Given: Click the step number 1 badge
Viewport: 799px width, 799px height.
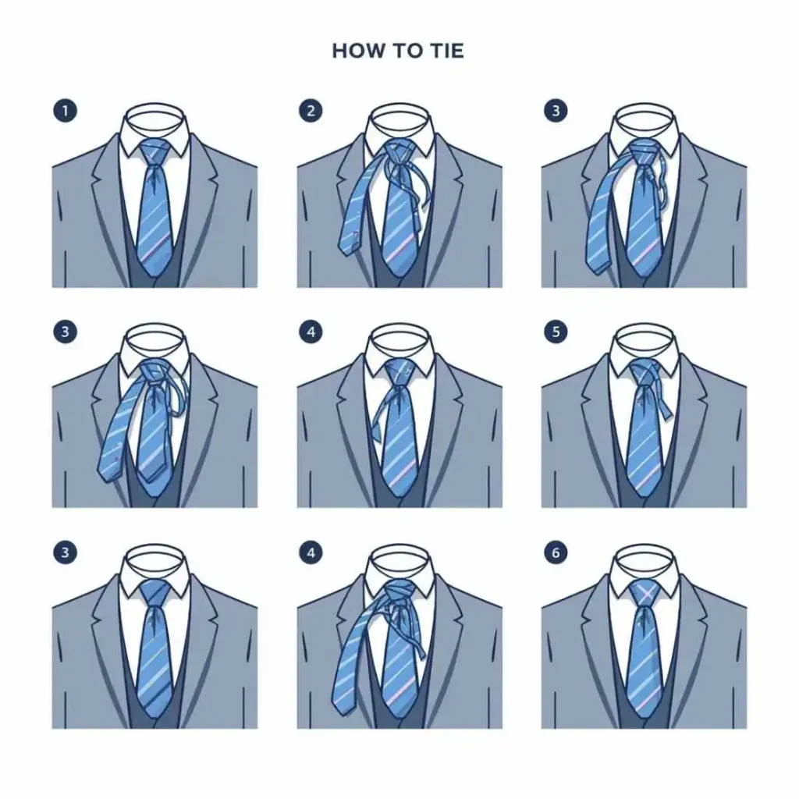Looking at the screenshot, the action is pos(65,111).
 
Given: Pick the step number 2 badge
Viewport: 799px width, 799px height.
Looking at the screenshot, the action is pos(311,111).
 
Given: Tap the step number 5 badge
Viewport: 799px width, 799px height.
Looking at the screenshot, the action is pos(556,332).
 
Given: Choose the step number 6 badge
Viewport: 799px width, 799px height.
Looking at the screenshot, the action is pos(556,553).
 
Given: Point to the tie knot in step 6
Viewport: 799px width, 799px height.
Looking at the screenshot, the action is pos(644,593).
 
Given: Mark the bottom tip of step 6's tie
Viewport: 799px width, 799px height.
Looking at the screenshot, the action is pos(643,717).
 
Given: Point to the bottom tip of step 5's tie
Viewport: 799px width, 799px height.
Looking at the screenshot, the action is pos(643,497).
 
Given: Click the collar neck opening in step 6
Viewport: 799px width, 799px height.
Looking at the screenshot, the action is pos(645,558).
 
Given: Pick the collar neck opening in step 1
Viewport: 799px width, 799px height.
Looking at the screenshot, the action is pos(155,115).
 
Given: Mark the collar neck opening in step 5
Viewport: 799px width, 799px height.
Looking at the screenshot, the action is pos(645,337).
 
